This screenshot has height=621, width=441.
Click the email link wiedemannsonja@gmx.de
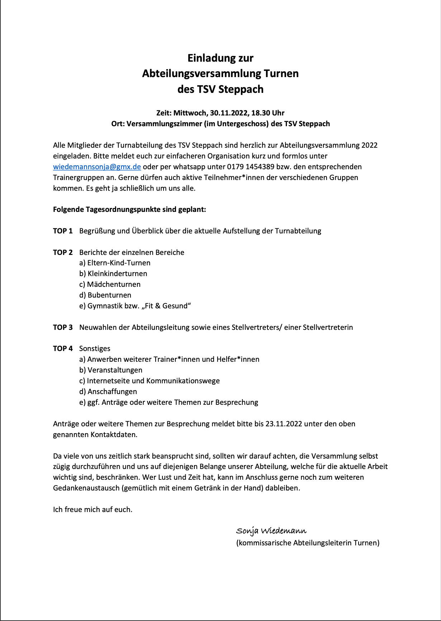click(x=97, y=167)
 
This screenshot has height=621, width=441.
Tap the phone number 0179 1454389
click(x=251, y=167)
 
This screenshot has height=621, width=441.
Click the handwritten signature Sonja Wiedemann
click(x=271, y=531)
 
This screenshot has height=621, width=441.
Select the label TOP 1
click(x=63, y=231)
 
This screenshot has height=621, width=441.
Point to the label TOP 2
click(x=63, y=252)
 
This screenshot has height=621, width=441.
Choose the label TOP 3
click(x=63, y=327)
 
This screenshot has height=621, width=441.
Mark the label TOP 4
click(x=63, y=349)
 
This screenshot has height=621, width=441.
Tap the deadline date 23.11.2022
click(x=284, y=424)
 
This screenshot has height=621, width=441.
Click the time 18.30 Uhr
click(x=268, y=113)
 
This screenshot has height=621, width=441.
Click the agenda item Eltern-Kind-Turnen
click(x=119, y=263)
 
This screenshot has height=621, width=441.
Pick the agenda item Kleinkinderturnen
click(x=117, y=274)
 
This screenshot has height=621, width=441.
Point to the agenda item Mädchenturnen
click(x=114, y=284)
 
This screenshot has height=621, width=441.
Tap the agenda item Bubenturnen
click(x=109, y=295)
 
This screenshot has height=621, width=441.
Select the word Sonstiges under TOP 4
click(x=95, y=349)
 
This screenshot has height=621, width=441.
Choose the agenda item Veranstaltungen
click(x=115, y=370)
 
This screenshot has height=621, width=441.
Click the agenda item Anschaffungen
click(x=112, y=392)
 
